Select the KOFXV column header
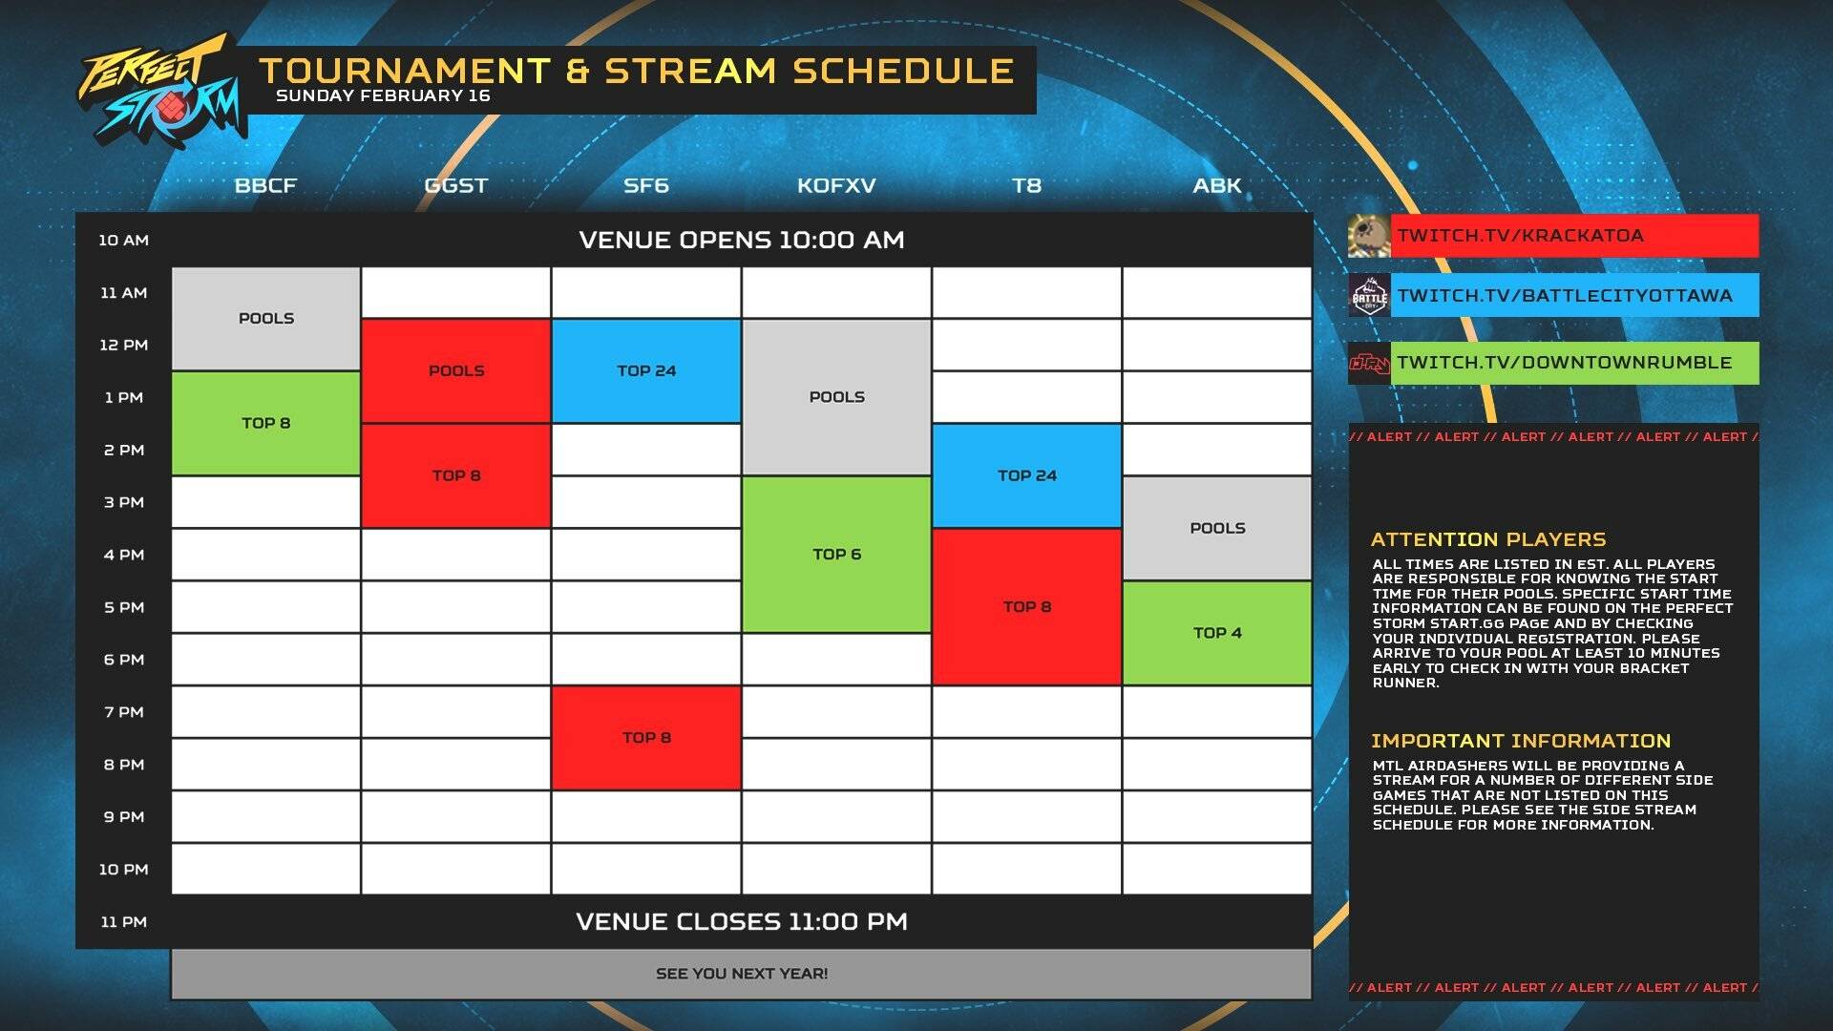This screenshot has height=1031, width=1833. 836,185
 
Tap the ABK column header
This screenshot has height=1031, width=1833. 1216,185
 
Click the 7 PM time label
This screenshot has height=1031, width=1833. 124,712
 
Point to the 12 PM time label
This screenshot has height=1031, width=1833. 124,345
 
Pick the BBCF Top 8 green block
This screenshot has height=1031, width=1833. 265,423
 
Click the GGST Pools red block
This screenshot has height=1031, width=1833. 456,370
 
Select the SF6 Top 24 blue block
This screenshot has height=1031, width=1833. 646,370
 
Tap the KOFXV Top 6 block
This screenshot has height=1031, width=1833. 836,554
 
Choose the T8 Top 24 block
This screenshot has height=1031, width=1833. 1026,475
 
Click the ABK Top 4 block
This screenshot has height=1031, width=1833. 1216,633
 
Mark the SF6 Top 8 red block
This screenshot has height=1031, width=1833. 646,737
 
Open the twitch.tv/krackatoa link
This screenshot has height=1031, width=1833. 1572,236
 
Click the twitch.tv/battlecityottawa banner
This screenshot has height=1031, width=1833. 1572,296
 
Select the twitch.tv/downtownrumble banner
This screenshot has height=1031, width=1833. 1572,363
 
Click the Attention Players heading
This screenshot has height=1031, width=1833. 1488,539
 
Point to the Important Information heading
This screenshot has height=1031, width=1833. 1521,741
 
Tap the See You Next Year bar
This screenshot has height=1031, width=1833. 741,974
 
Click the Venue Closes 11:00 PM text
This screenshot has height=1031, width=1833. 741,921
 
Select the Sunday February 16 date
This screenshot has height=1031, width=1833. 383,95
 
